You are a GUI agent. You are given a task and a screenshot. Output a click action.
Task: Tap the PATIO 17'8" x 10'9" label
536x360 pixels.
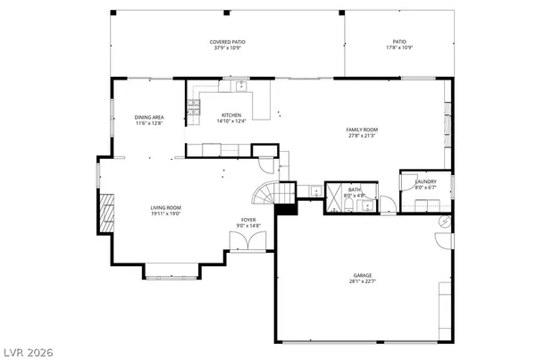(x=398, y=42)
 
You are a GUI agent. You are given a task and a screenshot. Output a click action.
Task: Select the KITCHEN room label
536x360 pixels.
(x=231, y=115)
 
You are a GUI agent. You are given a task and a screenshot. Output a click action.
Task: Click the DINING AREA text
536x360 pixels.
(x=149, y=117)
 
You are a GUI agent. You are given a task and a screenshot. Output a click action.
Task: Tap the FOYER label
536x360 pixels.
(x=246, y=221)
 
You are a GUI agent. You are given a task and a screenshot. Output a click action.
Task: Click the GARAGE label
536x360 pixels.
(x=362, y=274)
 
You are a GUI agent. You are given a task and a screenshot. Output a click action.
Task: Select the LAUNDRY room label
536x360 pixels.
(x=424, y=181)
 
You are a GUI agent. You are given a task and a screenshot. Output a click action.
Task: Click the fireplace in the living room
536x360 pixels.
(x=106, y=213)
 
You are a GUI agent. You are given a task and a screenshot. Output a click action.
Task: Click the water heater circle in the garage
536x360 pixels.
(x=444, y=221)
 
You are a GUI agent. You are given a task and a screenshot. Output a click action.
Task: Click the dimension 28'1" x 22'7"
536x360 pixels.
(x=362, y=281)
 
